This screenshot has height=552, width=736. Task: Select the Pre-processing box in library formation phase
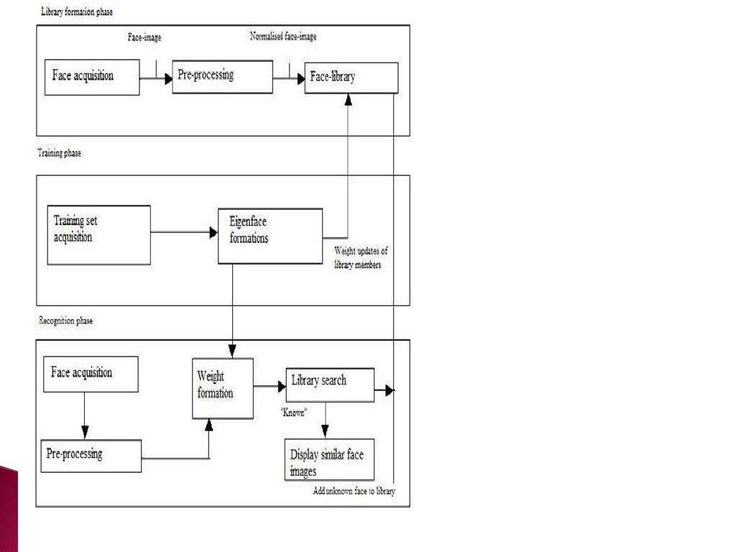tap(222, 76)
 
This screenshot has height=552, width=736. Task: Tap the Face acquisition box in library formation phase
tap(92, 77)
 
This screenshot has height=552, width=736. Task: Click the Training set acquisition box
tap(98, 235)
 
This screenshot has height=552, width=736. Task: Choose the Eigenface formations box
tap(270, 236)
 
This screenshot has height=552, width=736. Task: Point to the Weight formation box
tap(223, 388)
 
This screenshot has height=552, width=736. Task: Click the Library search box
tap(330, 385)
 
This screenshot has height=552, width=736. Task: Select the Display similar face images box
tap(329, 460)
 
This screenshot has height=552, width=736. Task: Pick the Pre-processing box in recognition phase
tap(91, 456)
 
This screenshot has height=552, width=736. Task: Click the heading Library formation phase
tap(76, 13)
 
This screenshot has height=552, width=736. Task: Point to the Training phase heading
tap(60, 153)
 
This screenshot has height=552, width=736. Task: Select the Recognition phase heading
tap(66, 321)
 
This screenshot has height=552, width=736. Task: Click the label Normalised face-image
tap(282, 37)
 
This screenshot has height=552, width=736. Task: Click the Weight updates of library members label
tap(362, 258)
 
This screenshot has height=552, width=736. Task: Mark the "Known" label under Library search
tap(294, 413)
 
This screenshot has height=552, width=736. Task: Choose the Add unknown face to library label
tap(354, 492)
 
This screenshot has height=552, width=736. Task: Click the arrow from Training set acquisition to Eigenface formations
tap(184, 233)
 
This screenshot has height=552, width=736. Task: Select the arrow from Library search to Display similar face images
tap(325, 420)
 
